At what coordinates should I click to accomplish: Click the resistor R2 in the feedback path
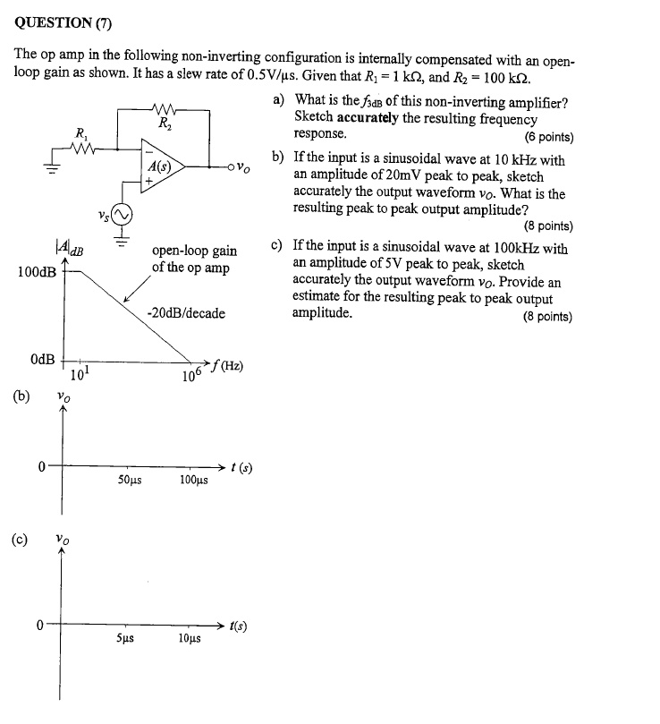click(x=164, y=111)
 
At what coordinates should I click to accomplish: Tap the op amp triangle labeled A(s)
click(x=165, y=166)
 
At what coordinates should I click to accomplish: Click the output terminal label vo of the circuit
click(x=245, y=167)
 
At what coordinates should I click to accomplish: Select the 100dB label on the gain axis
click(x=35, y=270)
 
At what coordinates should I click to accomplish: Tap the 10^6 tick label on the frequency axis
click(x=189, y=374)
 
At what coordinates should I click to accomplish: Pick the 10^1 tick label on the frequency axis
click(x=78, y=373)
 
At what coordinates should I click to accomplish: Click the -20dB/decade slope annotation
click(x=186, y=313)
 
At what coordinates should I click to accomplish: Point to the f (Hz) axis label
click(x=227, y=367)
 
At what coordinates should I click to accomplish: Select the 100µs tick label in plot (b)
click(x=193, y=481)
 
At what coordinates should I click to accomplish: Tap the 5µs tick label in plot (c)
click(x=127, y=639)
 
